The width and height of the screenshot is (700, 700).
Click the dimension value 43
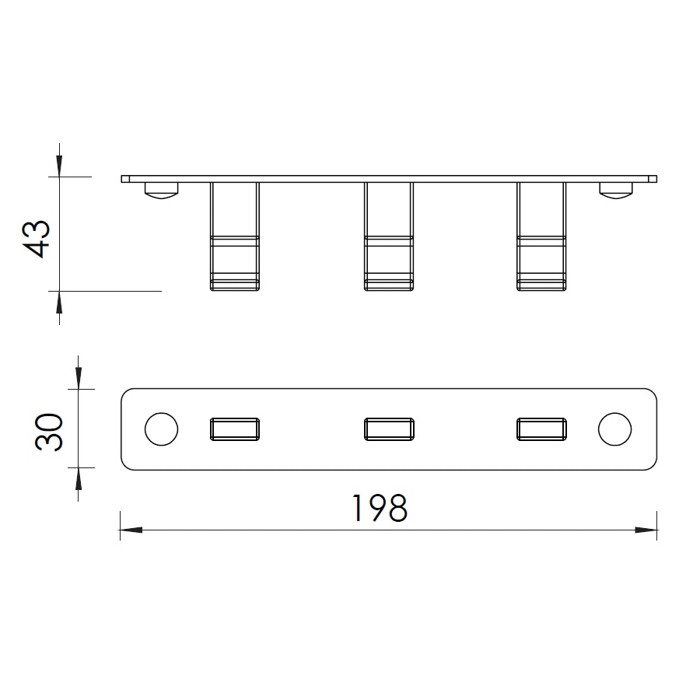pyautogui.click(x=36, y=239)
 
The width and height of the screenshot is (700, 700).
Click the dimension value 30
pyautogui.click(x=49, y=432)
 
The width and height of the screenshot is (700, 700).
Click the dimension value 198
pyautogui.click(x=380, y=508)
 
